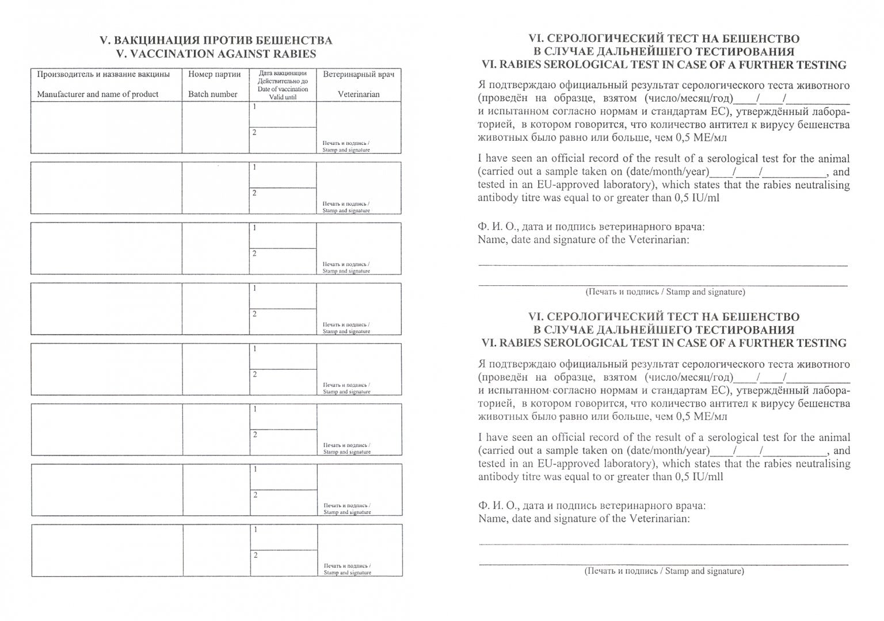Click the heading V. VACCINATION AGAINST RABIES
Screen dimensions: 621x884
coord(216,54)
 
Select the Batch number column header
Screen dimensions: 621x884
coord(213,94)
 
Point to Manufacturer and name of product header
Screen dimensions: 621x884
coord(98,94)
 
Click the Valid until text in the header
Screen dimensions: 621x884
coord(283,98)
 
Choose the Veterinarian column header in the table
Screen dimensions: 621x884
coord(359,94)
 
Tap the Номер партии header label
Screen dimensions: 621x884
coord(214,74)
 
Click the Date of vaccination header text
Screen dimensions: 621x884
coord(283,89)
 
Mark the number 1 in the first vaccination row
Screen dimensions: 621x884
coord(253,107)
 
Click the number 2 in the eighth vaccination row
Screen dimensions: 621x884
coord(256,555)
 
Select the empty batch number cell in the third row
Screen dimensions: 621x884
coord(215,248)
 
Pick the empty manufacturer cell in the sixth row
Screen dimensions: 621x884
coord(106,429)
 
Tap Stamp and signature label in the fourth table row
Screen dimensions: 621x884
coord(346,331)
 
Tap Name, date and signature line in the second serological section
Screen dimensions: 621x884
coord(583,519)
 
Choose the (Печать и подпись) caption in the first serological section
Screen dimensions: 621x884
coord(665,292)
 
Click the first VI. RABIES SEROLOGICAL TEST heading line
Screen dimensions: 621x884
coord(664,65)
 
